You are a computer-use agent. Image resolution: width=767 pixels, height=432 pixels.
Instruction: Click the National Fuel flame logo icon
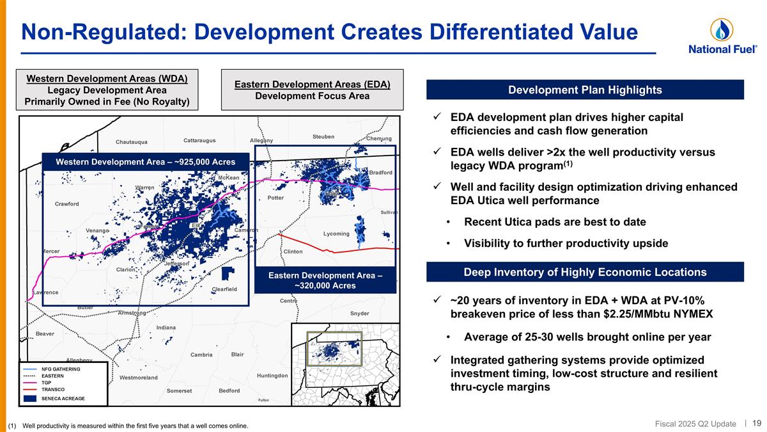[x=722, y=29]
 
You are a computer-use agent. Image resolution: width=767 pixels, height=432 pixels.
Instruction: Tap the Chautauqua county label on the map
[x=132, y=141]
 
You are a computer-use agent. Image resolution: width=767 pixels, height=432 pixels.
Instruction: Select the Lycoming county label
[x=336, y=234]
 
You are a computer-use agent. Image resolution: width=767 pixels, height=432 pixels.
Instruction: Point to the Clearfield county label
[x=224, y=289]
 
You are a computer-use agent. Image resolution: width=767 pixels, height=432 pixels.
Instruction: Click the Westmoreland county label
[x=138, y=378]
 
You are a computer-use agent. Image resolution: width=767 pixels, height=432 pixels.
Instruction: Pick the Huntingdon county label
[x=272, y=375]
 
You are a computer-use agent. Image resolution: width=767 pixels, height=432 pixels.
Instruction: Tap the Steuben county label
[x=323, y=136]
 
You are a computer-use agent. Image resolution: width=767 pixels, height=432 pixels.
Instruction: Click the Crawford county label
[x=67, y=204]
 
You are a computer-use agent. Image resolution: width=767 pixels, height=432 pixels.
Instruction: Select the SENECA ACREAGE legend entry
[x=63, y=398]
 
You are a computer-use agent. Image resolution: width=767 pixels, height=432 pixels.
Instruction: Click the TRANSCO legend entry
[x=53, y=389]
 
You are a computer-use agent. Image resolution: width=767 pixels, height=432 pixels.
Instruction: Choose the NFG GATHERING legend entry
[x=61, y=369]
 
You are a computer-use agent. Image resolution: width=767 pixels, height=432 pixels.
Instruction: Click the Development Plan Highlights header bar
[x=585, y=90]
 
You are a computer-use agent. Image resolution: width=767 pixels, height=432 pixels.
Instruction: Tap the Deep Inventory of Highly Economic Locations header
[x=585, y=272]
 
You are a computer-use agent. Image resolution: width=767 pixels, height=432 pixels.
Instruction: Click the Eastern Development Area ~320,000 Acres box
[x=325, y=280]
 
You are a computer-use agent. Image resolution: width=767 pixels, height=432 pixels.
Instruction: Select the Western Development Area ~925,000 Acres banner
[x=145, y=161]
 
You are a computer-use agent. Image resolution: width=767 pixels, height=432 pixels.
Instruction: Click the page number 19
[x=756, y=423]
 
